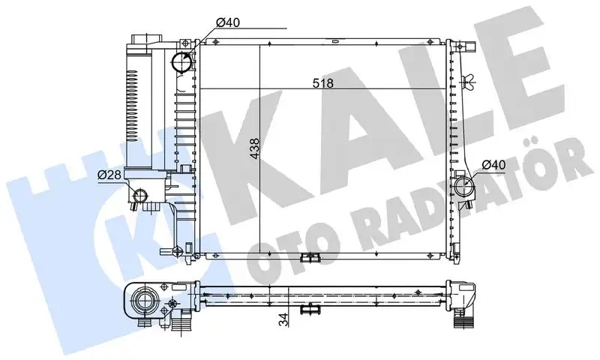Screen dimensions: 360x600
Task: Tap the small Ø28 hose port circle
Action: click(137, 196)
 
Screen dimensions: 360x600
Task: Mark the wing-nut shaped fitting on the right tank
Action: click(470, 82)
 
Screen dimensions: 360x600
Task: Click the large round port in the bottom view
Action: click(143, 302)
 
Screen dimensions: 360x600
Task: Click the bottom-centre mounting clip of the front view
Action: click(307, 258)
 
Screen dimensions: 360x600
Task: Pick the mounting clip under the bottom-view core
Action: click(309, 310)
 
